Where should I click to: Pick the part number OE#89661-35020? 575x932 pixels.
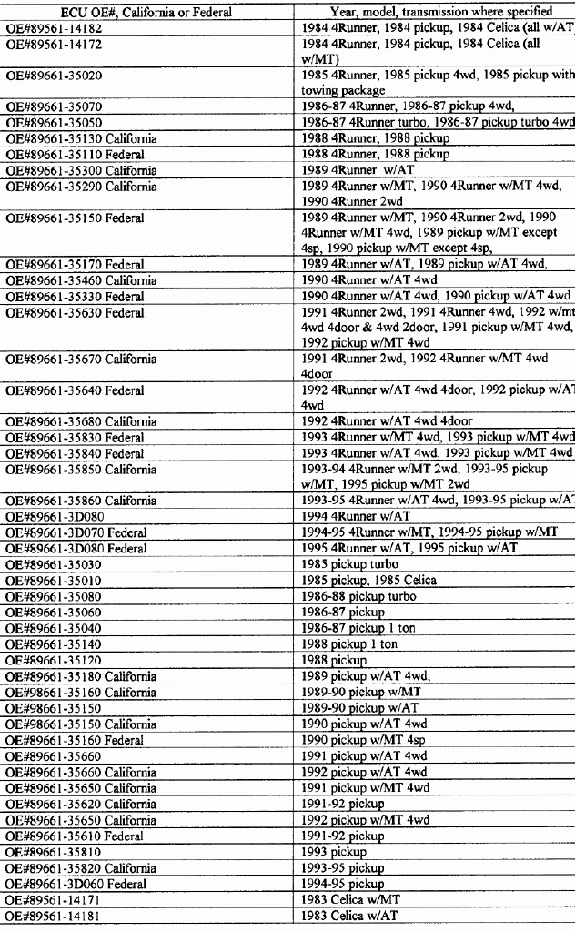click(55, 76)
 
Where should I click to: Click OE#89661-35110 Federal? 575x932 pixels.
click(76, 154)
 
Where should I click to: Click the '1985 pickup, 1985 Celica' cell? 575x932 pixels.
click(369, 581)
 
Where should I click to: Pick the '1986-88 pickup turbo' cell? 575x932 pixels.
click(358, 596)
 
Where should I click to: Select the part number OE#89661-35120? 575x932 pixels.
click(55, 659)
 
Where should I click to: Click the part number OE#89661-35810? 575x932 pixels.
click(55, 851)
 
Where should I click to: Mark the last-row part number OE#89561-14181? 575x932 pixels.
click(55, 915)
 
